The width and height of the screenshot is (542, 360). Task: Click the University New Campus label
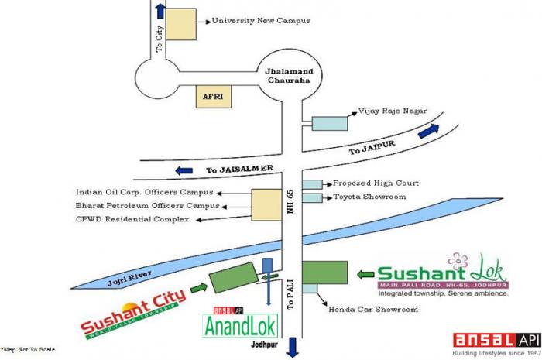262,20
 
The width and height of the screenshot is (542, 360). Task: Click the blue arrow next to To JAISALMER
184,170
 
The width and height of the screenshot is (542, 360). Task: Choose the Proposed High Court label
376,183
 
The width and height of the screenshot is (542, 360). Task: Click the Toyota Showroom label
369,197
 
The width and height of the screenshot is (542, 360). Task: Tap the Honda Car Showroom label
373,310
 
